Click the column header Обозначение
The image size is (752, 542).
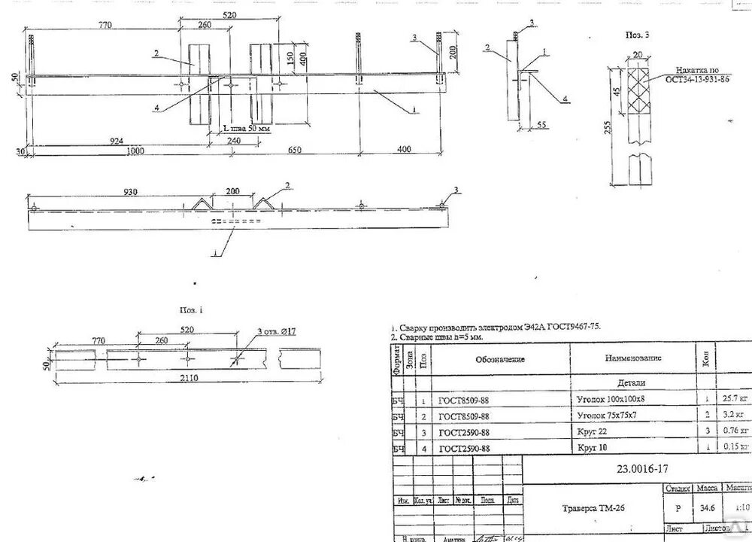click(x=499, y=359)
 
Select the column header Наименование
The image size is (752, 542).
click(x=632, y=359)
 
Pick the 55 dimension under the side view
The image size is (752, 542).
click(x=541, y=125)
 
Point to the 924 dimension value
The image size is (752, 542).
click(x=115, y=140)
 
